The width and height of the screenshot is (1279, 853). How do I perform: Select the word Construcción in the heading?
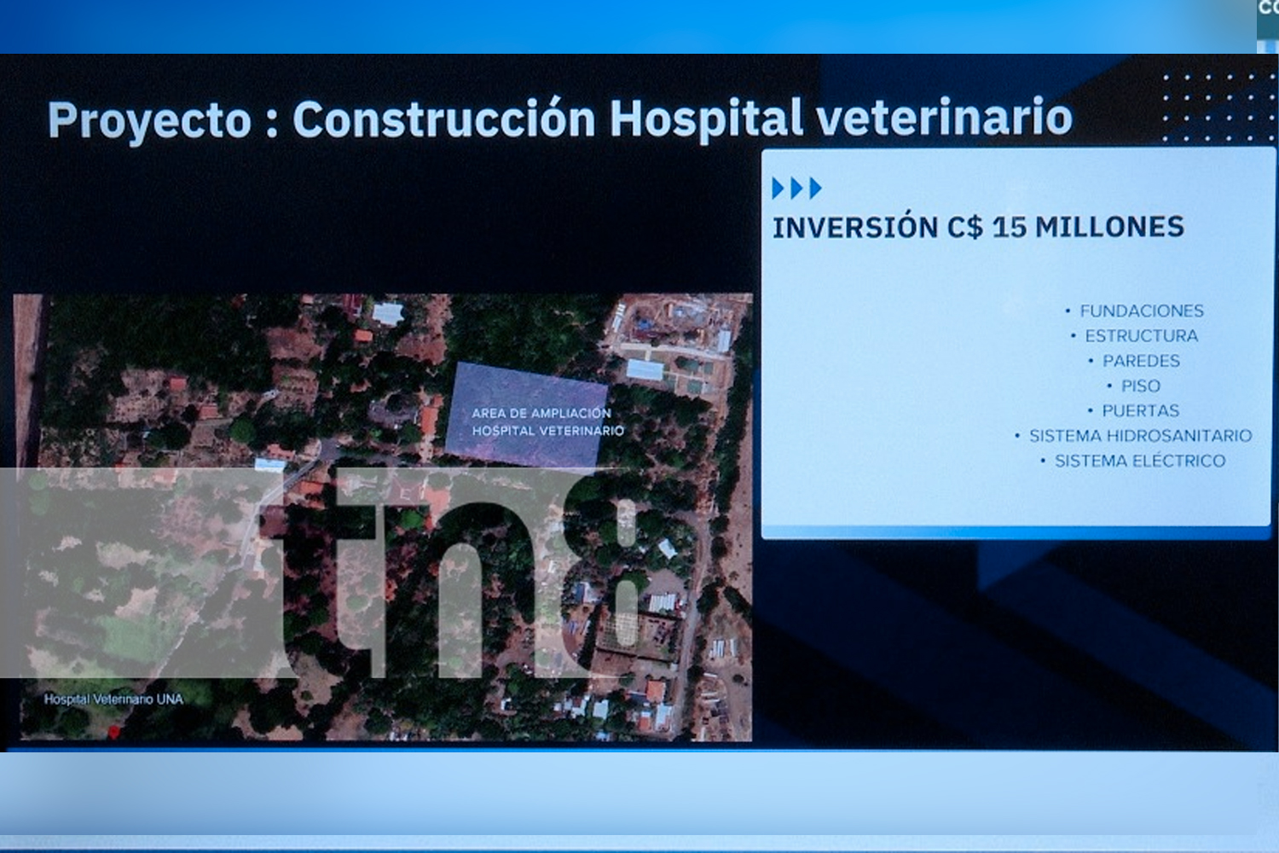coord(444,119)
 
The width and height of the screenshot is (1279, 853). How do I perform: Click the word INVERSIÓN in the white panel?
coord(855,227)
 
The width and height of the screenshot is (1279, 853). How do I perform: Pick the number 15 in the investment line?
coord(1010,227)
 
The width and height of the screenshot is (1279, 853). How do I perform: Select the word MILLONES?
coord(1109,226)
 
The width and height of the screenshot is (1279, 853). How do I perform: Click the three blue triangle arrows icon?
coord(796,188)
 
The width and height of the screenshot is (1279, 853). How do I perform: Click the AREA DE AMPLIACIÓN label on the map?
coord(541,413)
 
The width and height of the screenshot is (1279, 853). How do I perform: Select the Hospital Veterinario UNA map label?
coord(113,699)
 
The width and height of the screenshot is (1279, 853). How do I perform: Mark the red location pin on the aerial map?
coord(114,732)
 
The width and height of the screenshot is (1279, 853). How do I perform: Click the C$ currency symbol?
coord(965,227)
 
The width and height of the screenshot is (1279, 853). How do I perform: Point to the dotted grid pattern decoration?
coord(1219,107)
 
